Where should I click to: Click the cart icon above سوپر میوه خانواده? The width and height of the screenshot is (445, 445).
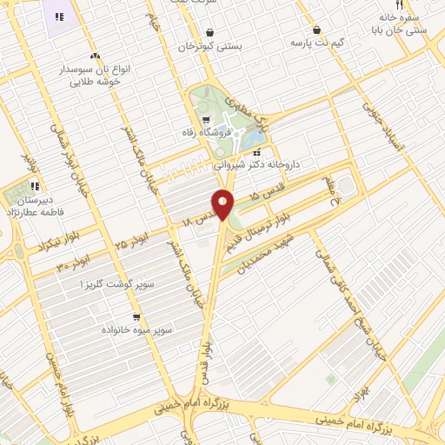136,317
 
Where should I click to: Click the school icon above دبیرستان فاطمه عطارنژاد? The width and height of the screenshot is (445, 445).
35,185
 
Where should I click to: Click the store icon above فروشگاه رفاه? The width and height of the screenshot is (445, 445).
205,121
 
